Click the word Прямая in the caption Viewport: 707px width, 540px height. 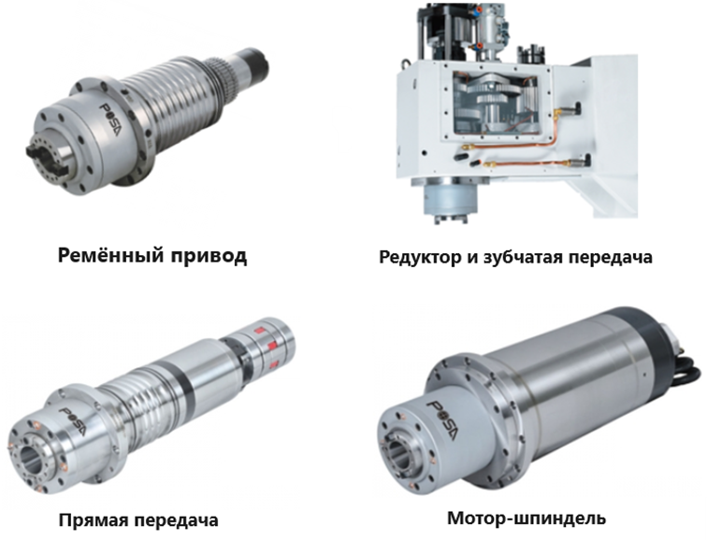(93, 520)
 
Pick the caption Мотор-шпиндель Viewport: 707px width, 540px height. (527, 518)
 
